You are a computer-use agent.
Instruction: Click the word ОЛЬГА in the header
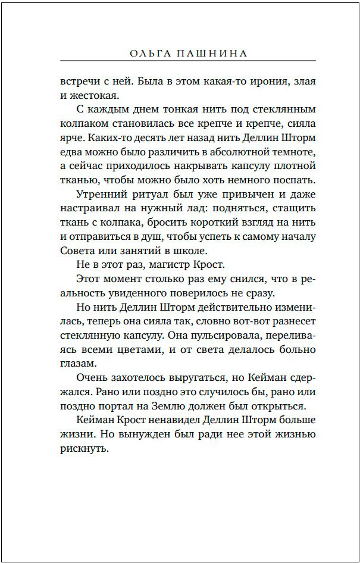tap(146, 54)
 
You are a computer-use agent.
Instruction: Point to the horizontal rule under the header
tap(187, 61)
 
